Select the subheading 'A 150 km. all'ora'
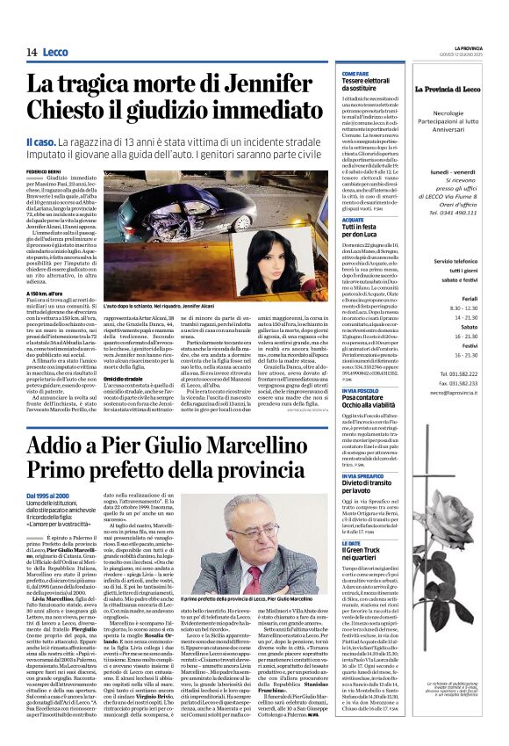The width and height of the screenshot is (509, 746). [x=44, y=293]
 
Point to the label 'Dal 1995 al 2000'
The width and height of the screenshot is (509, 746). [x=50, y=496]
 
